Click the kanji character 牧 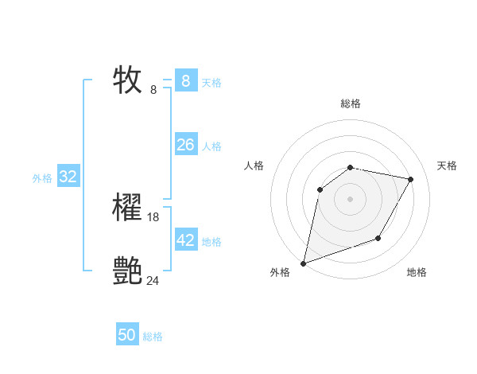pyautogui.click(x=127, y=80)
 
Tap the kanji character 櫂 pyautogui.click(x=127, y=208)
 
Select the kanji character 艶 pyautogui.click(x=127, y=271)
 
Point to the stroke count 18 pyautogui.click(x=153, y=217)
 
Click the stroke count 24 pyautogui.click(x=153, y=280)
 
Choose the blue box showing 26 pyautogui.click(x=185, y=145)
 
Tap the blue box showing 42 pyautogui.click(x=185, y=240)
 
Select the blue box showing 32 pyautogui.click(x=68, y=177)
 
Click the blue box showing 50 pyautogui.click(x=126, y=336)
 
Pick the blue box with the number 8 pyautogui.click(x=185, y=81)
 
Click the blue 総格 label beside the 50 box pyautogui.click(x=153, y=337)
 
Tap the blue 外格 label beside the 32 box pyautogui.click(x=42, y=178)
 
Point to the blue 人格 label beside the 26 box pyautogui.click(x=211, y=146)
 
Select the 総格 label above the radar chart pyautogui.click(x=350, y=103)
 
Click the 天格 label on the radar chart pyautogui.click(x=447, y=166)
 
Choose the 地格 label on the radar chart pyautogui.click(x=417, y=272)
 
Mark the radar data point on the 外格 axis pyautogui.click(x=303, y=263)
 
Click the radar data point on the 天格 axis pyautogui.click(x=410, y=179)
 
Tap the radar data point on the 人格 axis pyautogui.click(x=320, y=189)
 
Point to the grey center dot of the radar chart pyautogui.click(x=350, y=199)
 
